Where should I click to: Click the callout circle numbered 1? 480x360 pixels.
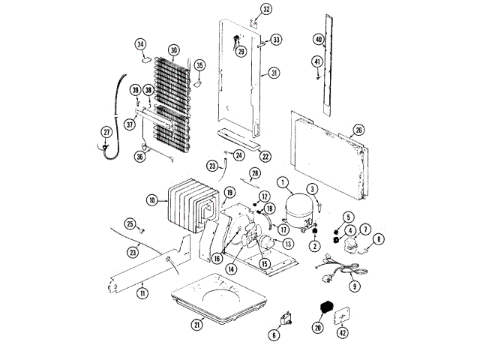283,181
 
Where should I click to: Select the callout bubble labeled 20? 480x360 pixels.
317,328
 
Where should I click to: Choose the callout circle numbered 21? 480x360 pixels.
198,324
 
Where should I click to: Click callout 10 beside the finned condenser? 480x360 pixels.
151,200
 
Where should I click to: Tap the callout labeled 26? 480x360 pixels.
358,130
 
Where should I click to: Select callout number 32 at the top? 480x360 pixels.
245,9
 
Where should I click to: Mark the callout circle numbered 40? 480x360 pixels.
319,39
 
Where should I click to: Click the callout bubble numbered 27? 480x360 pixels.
106,133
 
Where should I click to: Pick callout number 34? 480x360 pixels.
140,44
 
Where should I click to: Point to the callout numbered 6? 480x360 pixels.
274,335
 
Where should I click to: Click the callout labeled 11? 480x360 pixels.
142,293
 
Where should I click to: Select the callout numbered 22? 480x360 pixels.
265,156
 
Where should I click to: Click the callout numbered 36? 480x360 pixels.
139,157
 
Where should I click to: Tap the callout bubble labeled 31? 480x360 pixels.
274,73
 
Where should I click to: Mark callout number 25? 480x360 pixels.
130,223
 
